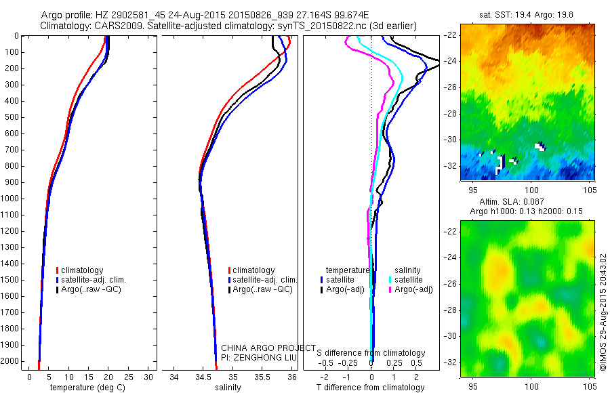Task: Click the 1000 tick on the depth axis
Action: (12, 199)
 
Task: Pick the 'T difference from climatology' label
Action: (371, 388)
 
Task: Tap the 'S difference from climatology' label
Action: (371, 353)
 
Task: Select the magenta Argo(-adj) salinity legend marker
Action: (390, 289)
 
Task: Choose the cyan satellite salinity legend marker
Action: (390, 279)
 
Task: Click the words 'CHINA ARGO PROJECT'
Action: (269, 348)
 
